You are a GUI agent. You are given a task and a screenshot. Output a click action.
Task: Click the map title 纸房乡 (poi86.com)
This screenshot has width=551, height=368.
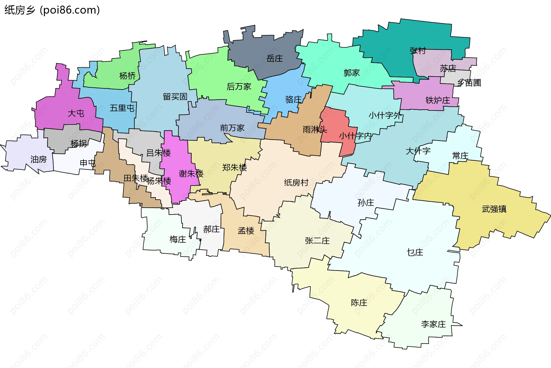pos(52,10)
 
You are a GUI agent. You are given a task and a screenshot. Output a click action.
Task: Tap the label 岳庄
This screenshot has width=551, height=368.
pos(275,59)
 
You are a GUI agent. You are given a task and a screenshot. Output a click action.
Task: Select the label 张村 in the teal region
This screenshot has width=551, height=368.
pos(418,51)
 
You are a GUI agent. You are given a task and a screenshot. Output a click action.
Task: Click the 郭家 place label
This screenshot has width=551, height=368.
pos(352,73)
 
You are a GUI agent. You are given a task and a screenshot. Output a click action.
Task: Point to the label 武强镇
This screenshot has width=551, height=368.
pos(494,209)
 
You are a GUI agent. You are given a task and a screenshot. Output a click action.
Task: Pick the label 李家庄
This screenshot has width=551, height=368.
pos(433,324)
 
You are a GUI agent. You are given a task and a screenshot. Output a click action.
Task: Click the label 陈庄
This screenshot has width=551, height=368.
pos(359,303)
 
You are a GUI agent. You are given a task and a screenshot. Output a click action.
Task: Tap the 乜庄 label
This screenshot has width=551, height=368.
pos(415,252)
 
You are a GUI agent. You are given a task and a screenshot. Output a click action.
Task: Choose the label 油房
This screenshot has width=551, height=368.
pos(38,159)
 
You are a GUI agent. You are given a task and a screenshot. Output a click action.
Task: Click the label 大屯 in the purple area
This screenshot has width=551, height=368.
pos(76,113)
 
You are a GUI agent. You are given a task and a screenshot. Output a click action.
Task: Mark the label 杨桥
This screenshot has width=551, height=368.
pos(127,76)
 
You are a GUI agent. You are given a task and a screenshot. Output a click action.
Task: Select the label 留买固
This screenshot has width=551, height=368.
pos(175,97)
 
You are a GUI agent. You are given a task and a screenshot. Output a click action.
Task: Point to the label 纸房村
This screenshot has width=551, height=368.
pos(296,182)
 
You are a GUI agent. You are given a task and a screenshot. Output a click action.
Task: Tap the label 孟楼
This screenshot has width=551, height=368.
pos(246,231)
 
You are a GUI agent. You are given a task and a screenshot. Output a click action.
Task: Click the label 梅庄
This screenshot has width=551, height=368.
pos(178,239)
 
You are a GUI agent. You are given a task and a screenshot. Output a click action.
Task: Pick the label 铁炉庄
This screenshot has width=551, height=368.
pos(438,100)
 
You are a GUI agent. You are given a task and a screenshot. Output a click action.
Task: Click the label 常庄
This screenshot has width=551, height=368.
pos(460,156)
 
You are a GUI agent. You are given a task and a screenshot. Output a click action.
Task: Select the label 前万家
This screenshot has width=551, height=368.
pos(232,128)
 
